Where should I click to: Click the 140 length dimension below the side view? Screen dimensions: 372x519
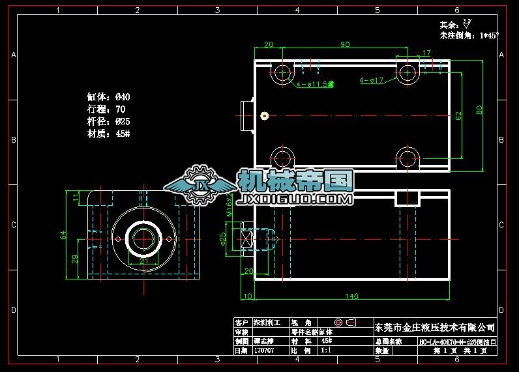[351, 296]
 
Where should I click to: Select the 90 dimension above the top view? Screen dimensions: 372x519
[345, 44]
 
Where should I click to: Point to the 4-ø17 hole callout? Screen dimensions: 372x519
[371, 81]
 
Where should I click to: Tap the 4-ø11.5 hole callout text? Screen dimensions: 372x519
[315, 84]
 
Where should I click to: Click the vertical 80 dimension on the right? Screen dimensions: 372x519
[480, 110]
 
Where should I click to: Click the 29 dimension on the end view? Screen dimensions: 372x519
[76, 259]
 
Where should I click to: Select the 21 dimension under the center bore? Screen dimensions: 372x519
[144, 262]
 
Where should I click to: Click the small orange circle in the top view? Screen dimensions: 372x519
[264, 116]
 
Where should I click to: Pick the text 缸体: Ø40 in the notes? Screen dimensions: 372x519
[109, 97]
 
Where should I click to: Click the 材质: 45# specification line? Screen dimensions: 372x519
[109, 133]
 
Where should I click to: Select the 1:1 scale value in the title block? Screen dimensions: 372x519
[327, 351]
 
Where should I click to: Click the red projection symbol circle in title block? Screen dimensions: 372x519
[338, 322]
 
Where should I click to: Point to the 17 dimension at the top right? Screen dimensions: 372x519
[426, 53]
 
